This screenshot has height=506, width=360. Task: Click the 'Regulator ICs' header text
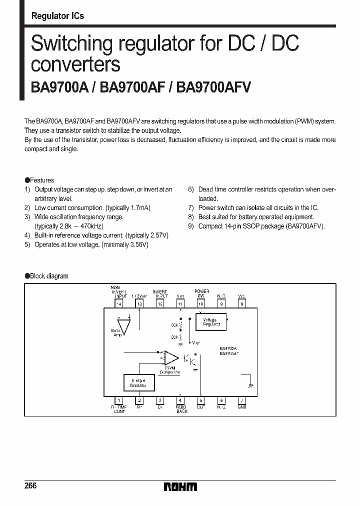point(57,16)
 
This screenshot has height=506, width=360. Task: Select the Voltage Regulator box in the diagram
point(211,322)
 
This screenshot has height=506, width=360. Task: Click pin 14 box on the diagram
point(119,303)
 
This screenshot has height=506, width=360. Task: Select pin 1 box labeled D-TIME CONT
point(119,400)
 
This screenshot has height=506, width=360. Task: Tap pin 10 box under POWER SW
point(201,303)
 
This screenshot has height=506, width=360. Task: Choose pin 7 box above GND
point(242,400)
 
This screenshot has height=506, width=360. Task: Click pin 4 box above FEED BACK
point(180,400)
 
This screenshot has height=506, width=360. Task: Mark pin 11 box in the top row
point(180,303)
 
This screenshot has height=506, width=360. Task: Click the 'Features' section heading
point(42,180)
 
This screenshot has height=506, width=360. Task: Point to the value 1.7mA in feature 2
point(139,207)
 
